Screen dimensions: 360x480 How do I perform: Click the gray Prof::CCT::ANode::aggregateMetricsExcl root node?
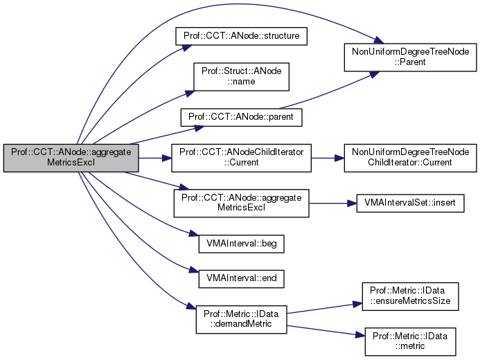(71, 159)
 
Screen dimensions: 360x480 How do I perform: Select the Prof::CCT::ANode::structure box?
(240, 34)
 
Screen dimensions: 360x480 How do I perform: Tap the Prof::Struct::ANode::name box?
(240, 75)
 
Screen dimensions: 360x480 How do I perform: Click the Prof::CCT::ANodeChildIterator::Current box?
(241, 159)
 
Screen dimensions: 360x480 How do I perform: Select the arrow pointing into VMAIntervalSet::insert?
(332, 204)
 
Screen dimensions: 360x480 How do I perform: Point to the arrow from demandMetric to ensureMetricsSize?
(319, 309)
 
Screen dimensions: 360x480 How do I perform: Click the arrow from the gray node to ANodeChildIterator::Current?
(154, 159)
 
